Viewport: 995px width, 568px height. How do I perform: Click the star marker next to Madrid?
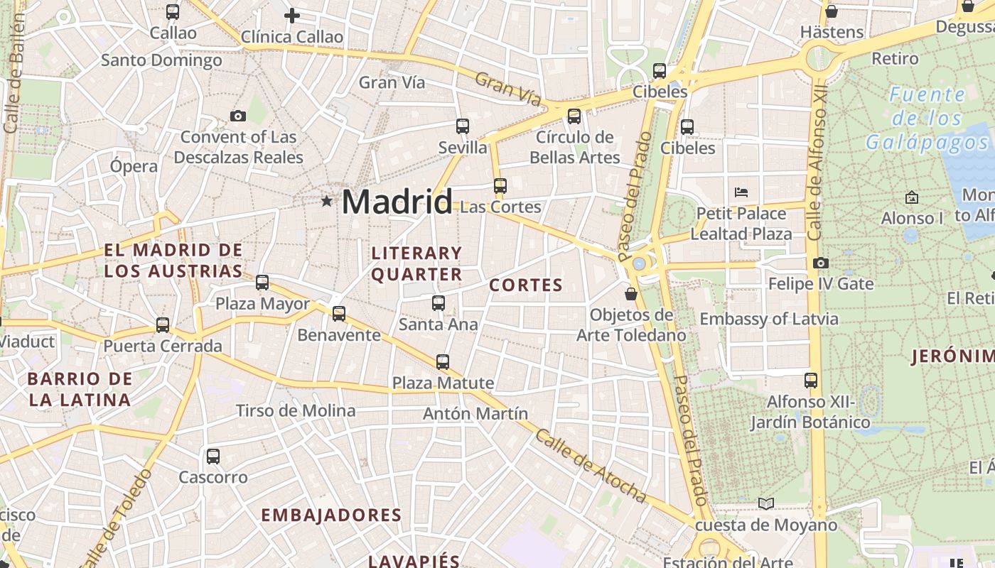coord(326,202)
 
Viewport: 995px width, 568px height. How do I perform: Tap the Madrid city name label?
coord(397,202)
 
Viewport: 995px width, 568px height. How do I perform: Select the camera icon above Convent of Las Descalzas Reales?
coord(238,116)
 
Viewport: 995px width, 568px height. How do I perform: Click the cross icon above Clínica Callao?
coord(291,16)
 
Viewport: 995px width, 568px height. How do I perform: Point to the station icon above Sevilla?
coord(463,126)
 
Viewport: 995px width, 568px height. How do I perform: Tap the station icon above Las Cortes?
coord(500,186)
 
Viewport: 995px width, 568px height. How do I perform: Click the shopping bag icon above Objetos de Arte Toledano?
coord(630,293)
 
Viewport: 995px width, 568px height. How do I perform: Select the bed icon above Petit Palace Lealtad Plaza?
coord(741,192)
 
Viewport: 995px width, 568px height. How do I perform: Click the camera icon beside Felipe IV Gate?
coord(821,263)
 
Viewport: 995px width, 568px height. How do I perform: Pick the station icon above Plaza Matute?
coord(443,362)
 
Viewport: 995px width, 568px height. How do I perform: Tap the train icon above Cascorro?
coord(213,457)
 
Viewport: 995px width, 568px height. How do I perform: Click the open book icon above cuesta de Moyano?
coord(765,504)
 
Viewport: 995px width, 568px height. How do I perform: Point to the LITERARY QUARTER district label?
coord(416,263)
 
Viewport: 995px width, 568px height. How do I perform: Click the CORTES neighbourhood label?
coord(526,285)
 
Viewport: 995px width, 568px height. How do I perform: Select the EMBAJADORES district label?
coord(331,515)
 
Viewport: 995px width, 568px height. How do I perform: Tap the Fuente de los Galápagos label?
coord(927,119)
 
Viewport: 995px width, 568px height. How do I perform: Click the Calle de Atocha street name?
coord(590,466)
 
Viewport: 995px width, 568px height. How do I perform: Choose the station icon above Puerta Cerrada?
coord(163,325)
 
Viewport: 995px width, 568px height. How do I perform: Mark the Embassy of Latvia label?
coord(769,319)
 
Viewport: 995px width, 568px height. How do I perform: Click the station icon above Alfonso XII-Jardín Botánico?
coord(811,381)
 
